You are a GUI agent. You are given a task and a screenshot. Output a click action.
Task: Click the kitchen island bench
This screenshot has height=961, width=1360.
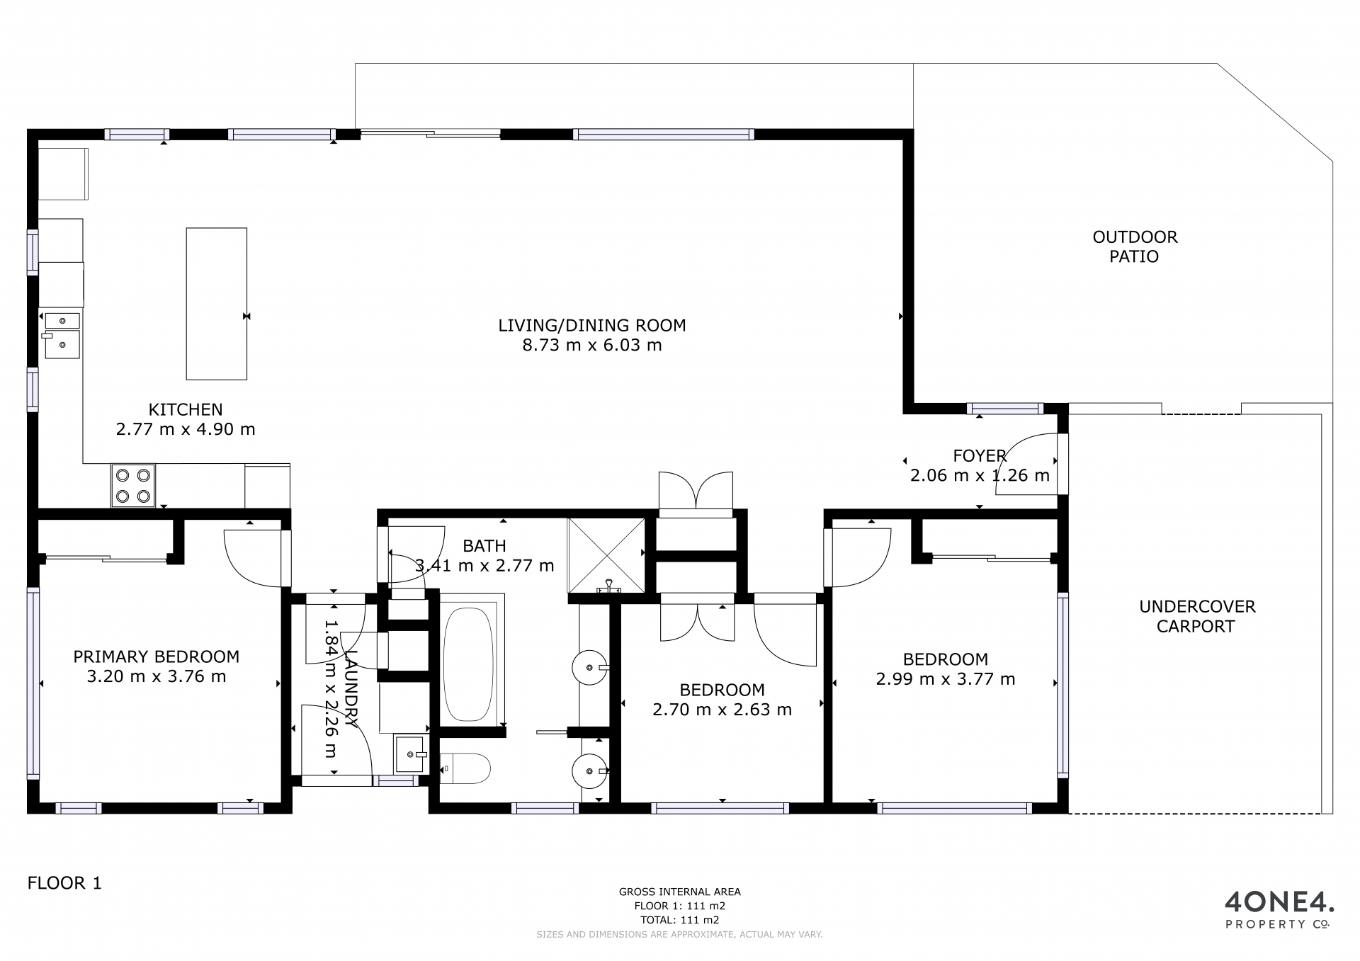(217, 303)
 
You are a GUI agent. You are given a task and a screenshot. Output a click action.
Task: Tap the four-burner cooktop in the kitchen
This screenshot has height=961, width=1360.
(133, 486)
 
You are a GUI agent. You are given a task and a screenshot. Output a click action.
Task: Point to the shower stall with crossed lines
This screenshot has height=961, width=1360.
(606, 555)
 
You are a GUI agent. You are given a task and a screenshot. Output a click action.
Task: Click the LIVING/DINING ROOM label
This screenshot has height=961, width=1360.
(592, 325)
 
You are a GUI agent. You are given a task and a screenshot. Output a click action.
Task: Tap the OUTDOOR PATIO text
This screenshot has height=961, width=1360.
(1135, 246)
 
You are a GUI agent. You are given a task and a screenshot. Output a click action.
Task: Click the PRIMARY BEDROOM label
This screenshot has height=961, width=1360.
(157, 656)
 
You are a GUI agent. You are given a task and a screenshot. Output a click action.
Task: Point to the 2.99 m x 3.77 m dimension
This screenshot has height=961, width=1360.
(946, 679)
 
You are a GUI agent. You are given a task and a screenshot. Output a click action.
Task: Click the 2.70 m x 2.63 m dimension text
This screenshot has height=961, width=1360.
(722, 710)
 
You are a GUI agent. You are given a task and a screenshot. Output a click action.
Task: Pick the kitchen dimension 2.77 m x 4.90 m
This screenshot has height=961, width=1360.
(186, 429)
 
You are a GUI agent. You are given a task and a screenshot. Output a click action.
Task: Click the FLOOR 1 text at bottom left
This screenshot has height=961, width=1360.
(64, 883)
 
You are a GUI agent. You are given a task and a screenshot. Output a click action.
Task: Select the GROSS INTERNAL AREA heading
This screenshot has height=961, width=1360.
(680, 892)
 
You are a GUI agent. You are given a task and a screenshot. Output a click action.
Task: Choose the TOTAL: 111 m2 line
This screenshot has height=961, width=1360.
(680, 920)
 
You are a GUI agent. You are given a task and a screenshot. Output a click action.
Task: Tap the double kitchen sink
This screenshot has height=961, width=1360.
(62, 336)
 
